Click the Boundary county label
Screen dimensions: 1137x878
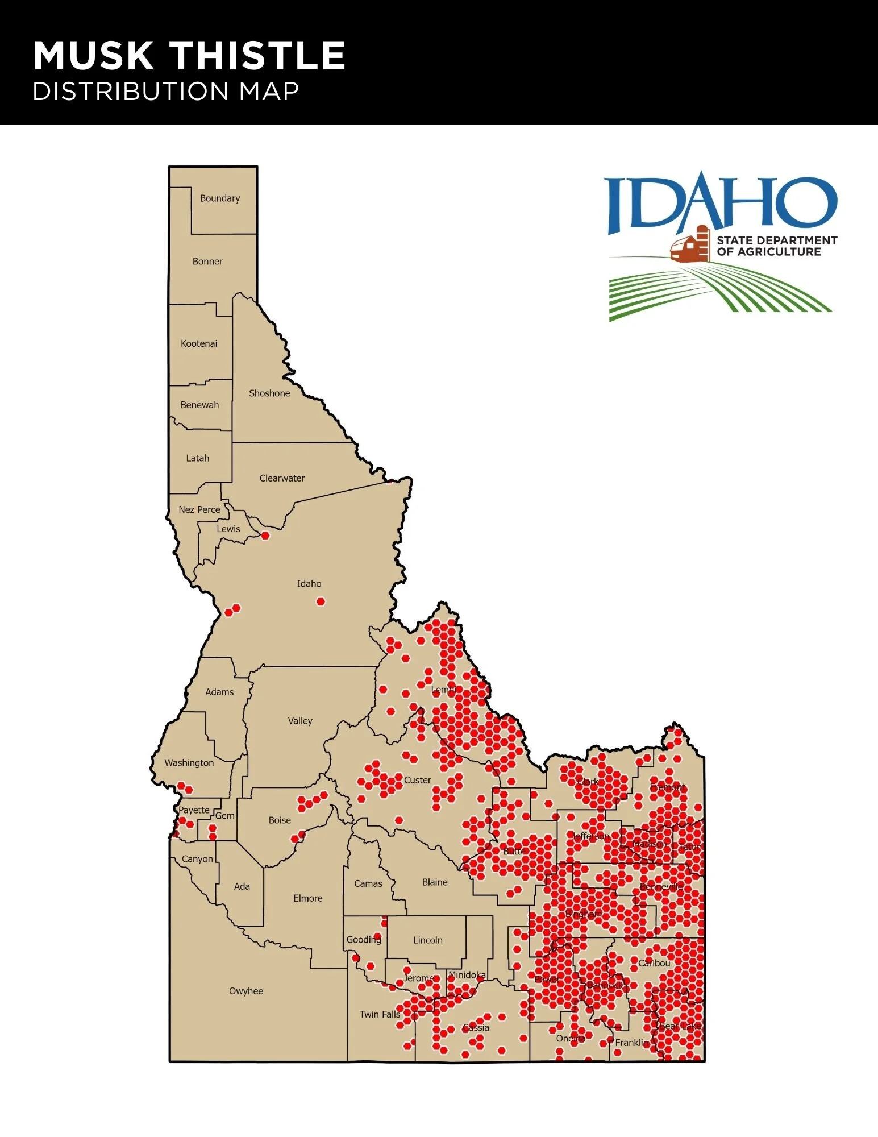[220, 198]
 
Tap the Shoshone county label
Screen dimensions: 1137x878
[269, 393]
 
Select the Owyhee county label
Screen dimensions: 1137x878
[246, 991]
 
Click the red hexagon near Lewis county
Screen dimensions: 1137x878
[265, 536]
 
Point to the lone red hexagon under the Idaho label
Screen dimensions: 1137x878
[321, 601]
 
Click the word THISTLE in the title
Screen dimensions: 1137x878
[259, 56]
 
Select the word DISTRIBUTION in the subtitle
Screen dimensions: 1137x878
[131, 92]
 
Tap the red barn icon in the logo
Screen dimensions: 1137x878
[690, 246]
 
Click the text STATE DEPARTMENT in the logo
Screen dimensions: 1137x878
[776, 240]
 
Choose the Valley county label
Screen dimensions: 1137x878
[300, 721]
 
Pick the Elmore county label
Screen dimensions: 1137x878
[308, 898]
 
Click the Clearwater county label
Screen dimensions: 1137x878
[282, 478]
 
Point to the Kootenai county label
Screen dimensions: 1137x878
[199, 343]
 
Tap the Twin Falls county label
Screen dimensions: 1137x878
[380, 1014]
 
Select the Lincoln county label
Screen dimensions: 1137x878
[428, 940]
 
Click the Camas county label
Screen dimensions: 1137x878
[368, 883]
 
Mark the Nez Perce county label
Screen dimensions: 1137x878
[199, 509]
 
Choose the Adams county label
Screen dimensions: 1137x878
[219, 692]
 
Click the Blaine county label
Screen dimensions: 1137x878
[435, 882]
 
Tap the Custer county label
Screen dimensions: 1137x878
[418, 780]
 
